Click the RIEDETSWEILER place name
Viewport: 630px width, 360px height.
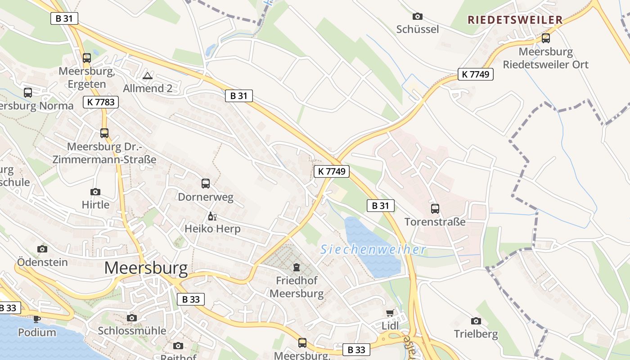click(515, 20)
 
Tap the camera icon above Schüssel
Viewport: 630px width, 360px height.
click(418, 17)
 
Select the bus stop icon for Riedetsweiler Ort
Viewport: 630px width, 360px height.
click(546, 38)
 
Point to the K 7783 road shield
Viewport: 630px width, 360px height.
click(101, 102)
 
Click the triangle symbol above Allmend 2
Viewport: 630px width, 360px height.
click(148, 76)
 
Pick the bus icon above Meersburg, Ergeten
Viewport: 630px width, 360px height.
click(87, 58)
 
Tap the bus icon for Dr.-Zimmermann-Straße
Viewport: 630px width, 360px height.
click(104, 133)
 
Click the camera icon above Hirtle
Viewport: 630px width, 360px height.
click(95, 192)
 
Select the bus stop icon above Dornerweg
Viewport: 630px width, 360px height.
click(206, 184)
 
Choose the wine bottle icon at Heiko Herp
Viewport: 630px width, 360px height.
click(212, 216)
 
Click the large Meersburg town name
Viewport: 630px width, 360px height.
click(146, 268)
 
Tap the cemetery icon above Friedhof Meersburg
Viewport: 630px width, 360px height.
click(297, 268)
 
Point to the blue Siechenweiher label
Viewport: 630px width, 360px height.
click(373, 249)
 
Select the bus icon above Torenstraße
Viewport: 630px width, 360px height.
click(435, 209)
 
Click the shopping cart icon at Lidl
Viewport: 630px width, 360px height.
click(390, 313)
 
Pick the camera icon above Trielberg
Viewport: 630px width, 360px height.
click(476, 321)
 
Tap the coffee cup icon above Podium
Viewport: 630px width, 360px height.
click(37, 319)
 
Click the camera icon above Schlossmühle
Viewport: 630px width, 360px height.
click(132, 318)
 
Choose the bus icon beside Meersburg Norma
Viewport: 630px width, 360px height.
click(28, 93)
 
